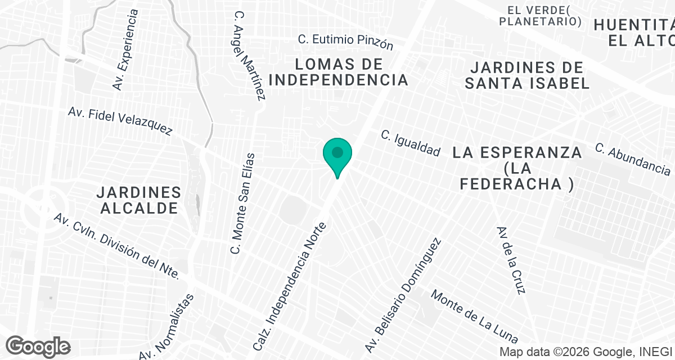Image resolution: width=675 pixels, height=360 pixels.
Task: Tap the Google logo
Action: click(x=38, y=346)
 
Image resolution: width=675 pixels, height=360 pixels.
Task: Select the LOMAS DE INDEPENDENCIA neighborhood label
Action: click(x=339, y=72)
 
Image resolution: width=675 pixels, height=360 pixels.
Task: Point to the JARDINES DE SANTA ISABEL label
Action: click(x=527, y=75)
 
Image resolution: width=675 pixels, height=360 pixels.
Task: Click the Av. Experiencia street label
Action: click(x=125, y=49)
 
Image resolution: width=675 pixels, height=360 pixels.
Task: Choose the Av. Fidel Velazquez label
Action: click(x=120, y=121)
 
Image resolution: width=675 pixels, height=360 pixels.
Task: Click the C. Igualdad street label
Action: click(x=410, y=143)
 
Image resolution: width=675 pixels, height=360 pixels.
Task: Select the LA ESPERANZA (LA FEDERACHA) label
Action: click(x=517, y=168)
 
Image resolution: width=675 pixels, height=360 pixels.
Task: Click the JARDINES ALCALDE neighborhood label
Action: click(x=138, y=200)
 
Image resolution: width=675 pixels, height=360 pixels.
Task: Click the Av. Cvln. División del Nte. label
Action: click(x=116, y=246)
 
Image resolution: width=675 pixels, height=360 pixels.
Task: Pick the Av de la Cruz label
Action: click(x=511, y=260)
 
